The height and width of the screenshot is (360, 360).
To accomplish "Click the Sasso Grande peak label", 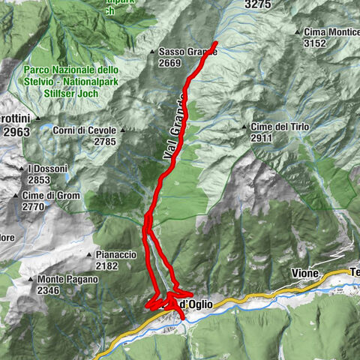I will [187, 52].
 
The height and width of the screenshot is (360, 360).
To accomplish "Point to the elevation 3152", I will [315, 43].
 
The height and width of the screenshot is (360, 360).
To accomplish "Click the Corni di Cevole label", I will [85, 130].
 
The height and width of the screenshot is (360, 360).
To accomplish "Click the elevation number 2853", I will [39, 179].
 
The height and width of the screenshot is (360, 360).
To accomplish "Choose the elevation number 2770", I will [34, 206].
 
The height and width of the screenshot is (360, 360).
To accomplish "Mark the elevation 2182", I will [107, 265].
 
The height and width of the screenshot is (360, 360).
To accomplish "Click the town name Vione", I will [305, 273].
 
